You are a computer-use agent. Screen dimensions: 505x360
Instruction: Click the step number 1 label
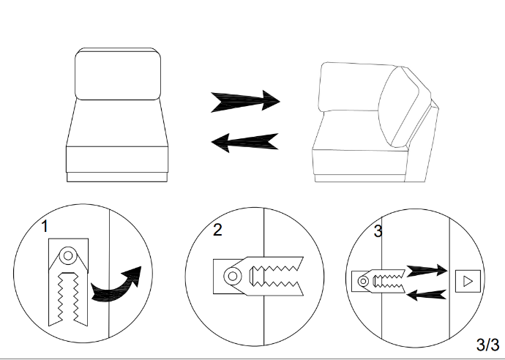pos(45,226)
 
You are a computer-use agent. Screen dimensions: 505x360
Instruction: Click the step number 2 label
pos(217,230)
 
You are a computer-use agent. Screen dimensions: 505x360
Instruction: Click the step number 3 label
pos(378,231)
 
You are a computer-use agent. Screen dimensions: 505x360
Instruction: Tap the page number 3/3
pos(487,345)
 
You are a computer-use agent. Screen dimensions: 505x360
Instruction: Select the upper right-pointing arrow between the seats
pos(245,101)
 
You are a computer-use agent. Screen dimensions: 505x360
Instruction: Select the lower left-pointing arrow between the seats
pos(244,143)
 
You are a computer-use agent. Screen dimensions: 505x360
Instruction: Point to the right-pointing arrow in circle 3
pos(427,271)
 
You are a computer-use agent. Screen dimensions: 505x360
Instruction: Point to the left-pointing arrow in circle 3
pos(427,295)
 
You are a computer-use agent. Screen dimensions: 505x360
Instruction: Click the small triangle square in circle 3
pos(468,282)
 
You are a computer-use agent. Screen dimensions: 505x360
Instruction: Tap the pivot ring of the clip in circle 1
pos(68,255)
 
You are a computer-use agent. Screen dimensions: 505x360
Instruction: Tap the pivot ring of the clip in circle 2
pos(233,276)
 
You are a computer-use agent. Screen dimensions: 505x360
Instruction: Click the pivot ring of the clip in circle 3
pos(363,281)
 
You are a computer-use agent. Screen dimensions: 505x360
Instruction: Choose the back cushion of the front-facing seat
pos(118,74)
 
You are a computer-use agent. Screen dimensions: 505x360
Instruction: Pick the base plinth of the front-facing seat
pos(117,177)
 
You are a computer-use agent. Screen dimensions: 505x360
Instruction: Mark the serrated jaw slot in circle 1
pos(68,298)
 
